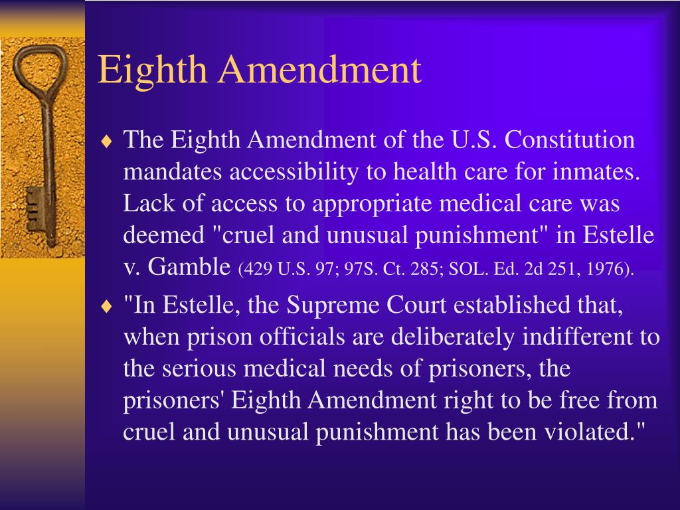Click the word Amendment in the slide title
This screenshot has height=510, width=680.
coord(322,70)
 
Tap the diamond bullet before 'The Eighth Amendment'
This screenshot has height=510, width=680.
coord(107,141)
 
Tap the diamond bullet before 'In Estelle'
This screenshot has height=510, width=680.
coord(107,306)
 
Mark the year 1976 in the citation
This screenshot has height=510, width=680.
coord(612,270)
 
